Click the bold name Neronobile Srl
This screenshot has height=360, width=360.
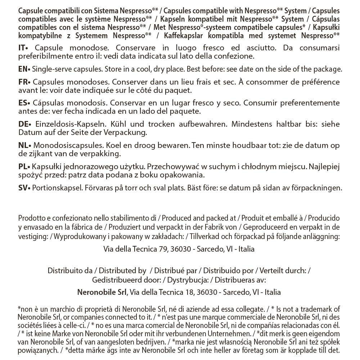(102, 292)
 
